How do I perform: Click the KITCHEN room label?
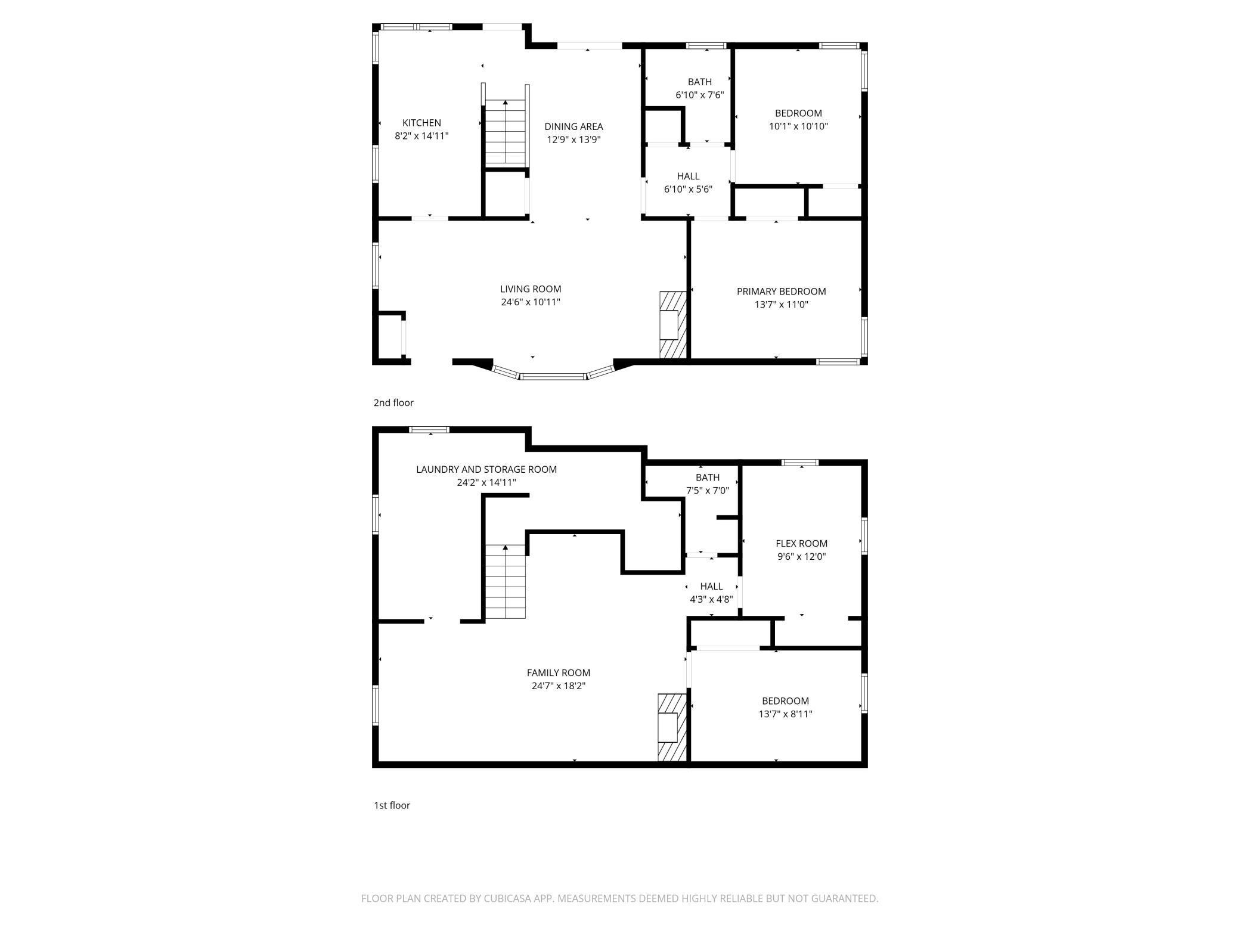[421, 123]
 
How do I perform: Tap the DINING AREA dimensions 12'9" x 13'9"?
[573, 139]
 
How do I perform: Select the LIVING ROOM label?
[531, 289]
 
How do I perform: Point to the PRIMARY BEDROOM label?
[781, 292]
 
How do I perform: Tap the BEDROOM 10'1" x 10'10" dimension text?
[798, 126]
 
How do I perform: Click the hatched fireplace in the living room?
[672, 325]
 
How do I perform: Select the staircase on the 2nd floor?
[506, 132]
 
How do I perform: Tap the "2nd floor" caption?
[393, 403]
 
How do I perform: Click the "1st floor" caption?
[392, 805]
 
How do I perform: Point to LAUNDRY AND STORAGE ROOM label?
[486, 470]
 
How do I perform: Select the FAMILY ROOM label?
[558, 672]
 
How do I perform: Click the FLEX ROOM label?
[801, 544]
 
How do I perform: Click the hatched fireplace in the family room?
[671, 727]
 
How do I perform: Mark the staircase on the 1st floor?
[506, 582]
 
